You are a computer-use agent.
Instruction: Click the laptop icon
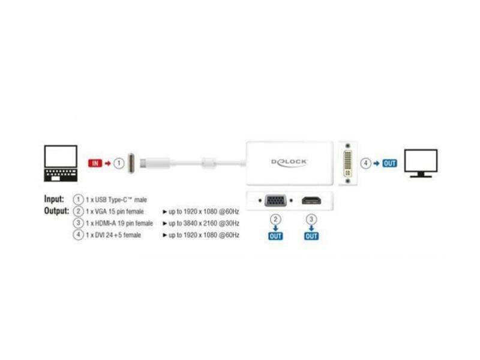(x=61, y=161)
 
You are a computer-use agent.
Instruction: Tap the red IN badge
(x=94, y=163)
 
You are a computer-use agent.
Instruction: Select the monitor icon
(x=421, y=163)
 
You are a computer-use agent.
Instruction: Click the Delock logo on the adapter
(x=289, y=162)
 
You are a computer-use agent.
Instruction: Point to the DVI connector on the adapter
(x=347, y=162)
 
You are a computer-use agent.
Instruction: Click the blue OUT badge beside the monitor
(x=390, y=163)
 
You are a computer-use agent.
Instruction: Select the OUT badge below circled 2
(x=275, y=236)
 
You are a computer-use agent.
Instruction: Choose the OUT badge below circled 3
(x=311, y=236)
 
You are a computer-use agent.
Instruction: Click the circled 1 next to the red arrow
(x=119, y=163)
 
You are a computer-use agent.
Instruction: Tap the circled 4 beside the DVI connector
(x=365, y=163)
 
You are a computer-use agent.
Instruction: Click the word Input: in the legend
(x=54, y=199)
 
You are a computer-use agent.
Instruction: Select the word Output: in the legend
(x=56, y=211)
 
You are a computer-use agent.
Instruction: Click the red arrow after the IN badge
(x=107, y=163)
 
